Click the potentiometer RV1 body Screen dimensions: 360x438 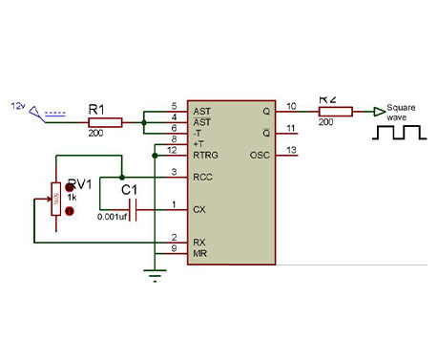[56, 202]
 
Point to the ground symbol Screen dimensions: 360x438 [152, 277]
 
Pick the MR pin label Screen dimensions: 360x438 [199, 252]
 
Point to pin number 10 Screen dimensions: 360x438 [290, 106]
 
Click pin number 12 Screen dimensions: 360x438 [172, 149]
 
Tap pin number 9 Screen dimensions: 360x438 [173, 248]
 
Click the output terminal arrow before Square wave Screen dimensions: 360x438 [379, 112]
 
